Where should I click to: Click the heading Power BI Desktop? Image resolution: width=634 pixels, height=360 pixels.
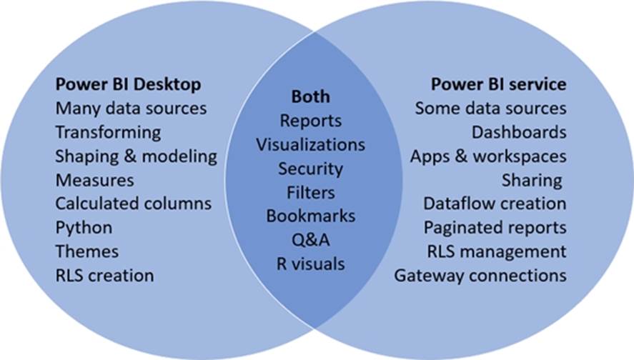pos(128,84)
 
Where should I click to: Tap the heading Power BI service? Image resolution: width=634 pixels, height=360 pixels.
pos(498,84)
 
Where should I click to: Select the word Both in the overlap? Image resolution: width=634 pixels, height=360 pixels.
pos(310,96)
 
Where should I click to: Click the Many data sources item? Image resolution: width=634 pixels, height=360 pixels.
pos(131,109)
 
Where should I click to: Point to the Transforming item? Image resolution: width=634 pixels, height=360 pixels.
pos(108,132)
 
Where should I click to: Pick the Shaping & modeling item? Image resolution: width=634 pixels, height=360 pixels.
pos(136,156)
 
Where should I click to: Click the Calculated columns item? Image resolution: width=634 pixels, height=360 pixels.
pos(134,203)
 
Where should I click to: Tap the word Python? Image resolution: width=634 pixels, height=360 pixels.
pos(84,227)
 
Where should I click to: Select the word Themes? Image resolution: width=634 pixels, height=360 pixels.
pos(87,251)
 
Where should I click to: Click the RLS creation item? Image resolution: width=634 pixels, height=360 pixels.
pos(104,274)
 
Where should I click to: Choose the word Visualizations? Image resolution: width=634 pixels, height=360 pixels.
pos(310,144)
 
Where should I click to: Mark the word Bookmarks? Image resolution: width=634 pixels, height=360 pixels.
pos(310,216)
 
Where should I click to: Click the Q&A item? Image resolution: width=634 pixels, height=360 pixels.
pos(310,240)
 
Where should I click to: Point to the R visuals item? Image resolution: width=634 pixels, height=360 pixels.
pos(310,264)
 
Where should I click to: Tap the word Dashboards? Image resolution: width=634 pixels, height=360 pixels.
pos(519,132)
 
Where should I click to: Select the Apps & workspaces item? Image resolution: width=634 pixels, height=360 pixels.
pos(488,156)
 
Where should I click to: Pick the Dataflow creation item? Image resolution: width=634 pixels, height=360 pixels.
pos(495,203)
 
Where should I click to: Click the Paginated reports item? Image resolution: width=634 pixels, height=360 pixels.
pos(495,227)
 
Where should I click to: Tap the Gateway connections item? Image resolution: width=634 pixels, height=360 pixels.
pos(480,274)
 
